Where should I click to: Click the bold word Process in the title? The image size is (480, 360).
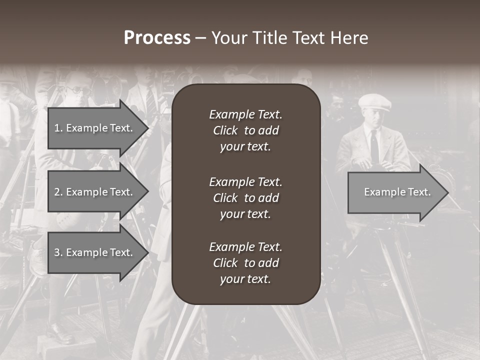pyautogui.click(x=157, y=38)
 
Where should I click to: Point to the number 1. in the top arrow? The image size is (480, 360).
pyautogui.click(x=58, y=128)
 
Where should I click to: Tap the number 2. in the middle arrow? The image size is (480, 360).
pyautogui.click(x=58, y=192)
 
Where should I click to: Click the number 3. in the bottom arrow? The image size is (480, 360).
pyautogui.click(x=58, y=252)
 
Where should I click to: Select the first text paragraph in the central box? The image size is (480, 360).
pyautogui.click(x=245, y=130)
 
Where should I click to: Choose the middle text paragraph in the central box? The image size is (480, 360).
pyautogui.click(x=245, y=197)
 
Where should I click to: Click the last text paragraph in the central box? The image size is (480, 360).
pyautogui.click(x=245, y=263)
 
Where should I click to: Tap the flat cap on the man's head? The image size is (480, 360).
pyautogui.click(x=374, y=101)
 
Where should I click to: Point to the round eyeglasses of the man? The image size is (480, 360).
pyautogui.click(x=75, y=90)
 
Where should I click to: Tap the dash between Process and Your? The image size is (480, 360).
pyautogui.click(x=200, y=38)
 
